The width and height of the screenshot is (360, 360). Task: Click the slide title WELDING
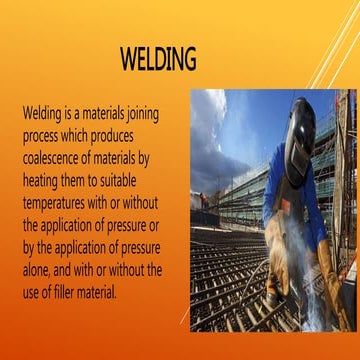pos(158,59)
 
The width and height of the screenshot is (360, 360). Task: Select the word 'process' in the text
pos(42,134)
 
